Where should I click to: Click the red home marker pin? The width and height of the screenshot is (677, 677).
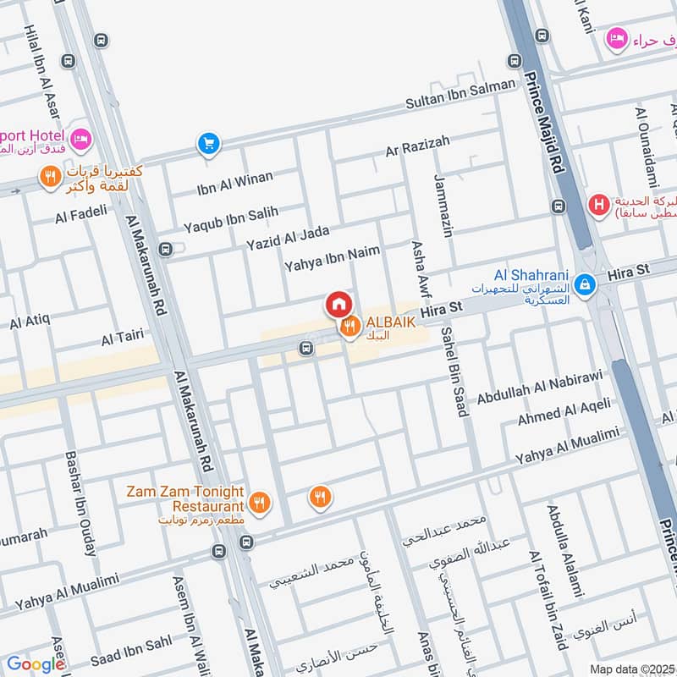click(x=338, y=304)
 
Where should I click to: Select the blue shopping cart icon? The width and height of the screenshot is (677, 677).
click(x=208, y=144)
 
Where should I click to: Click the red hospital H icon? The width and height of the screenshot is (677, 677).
click(x=598, y=204)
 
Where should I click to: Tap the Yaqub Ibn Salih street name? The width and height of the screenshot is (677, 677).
click(x=225, y=219)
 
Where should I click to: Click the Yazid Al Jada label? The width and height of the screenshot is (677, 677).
click(x=288, y=238)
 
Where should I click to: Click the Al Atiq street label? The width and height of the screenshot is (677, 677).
click(x=30, y=322)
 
